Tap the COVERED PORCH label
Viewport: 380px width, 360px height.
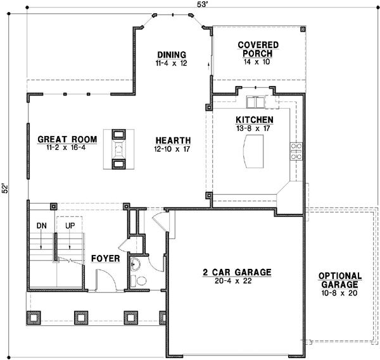click(x=255, y=49)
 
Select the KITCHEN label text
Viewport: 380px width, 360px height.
click(x=255, y=119)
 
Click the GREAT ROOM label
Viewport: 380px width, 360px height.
click(x=67, y=139)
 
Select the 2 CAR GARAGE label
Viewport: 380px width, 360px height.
click(x=237, y=272)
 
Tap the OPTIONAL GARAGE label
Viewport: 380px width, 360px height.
click(x=340, y=280)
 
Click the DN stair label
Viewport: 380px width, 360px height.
click(x=41, y=225)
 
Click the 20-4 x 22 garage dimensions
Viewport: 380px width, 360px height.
click(x=237, y=282)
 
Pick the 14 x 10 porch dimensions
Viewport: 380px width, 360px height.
click(x=255, y=63)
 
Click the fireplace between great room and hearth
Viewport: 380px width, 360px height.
click(x=118, y=149)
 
